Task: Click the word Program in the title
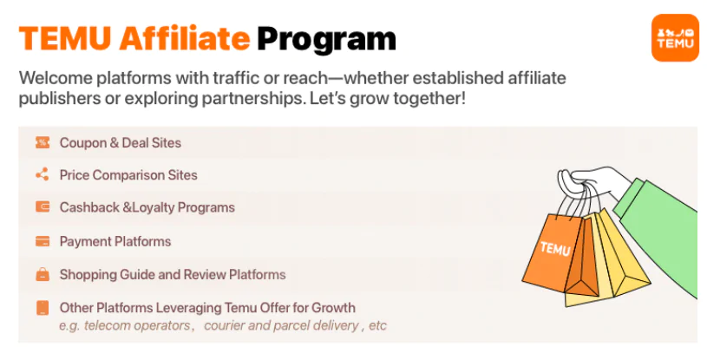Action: pyautogui.click(x=326, y=40)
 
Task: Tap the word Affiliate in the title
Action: pyautogui.click(x=185, y=38)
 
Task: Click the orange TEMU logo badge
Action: pyautogui.click(x=675, y=37)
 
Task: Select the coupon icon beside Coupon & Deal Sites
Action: pyautogui.click(x=43, y=142)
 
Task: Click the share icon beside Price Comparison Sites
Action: pyautogui.click(x=43, y=174)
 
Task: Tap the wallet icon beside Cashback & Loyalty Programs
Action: pyautogui.click(x=43, y=207)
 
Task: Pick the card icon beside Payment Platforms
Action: pyautogui.click(x=43, y=241)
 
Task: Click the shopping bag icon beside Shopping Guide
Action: pyautogui.click(x=43, y=274)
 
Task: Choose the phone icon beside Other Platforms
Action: pyautogui.click(x=43, y=308)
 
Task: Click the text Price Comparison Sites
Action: pyautogui.click(x=128, y=175)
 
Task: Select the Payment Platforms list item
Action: pyautogui.click(x=115, y=242)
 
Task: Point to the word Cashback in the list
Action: pyautogui.click(x=89, y=207)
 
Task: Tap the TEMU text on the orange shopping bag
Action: pyautogui.click(x=555, y=249)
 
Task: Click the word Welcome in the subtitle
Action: pyautogui.click(x=56, y=78)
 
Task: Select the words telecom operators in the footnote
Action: pyautogui.click(x=138, y=325)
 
